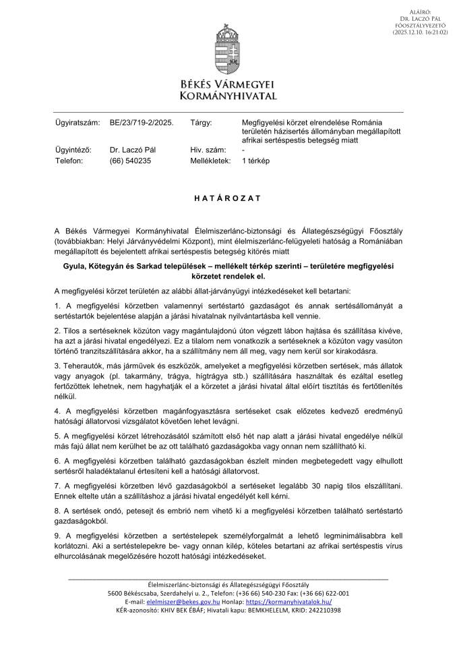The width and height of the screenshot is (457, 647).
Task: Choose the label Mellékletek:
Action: [210, 161]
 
